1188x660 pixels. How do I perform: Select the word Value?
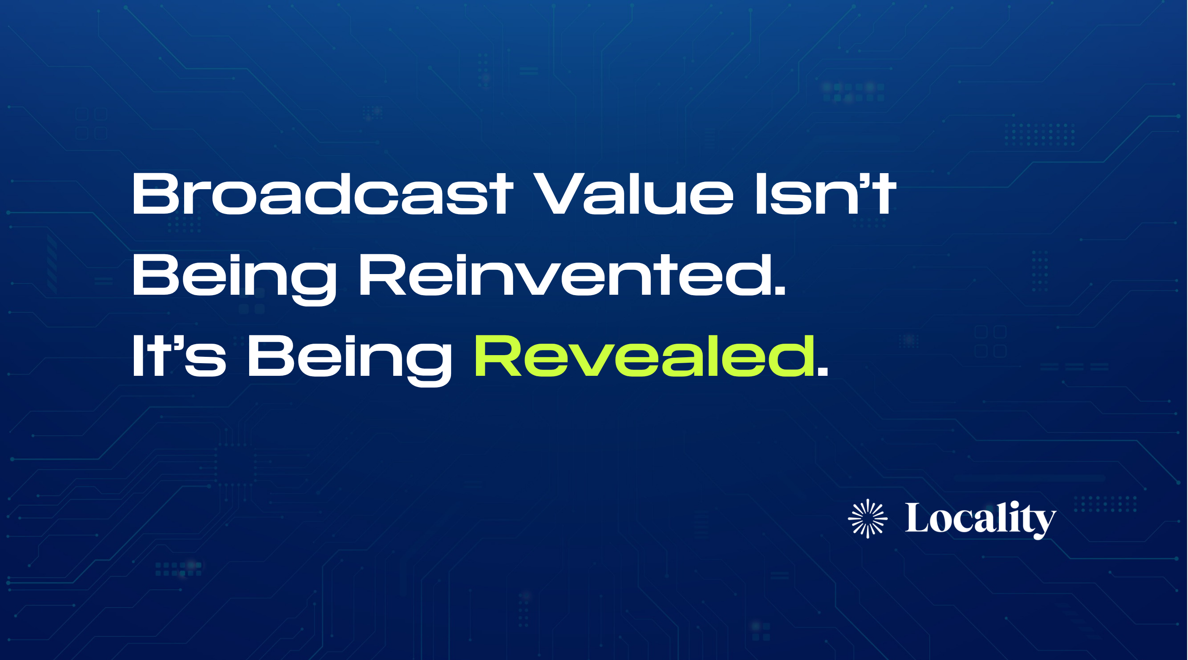pos(635,194)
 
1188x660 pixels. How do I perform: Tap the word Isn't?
pos(825,194)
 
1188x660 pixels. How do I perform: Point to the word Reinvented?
pos(572,275)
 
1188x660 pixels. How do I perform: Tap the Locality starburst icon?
pos(867,519)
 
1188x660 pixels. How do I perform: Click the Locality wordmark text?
pos(980,519)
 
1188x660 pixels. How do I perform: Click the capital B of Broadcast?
pos(155,194)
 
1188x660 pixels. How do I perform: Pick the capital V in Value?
pos(558,194)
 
